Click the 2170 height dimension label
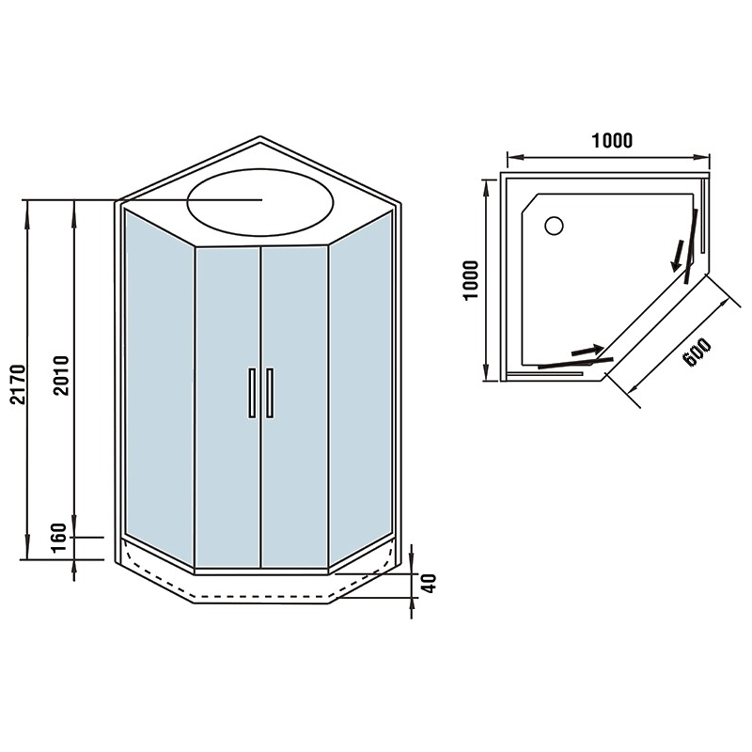coord(18,384)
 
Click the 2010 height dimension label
coord(62,375)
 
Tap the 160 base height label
coord(59,537)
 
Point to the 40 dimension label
coord(431,583)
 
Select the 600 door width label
coord(697,352)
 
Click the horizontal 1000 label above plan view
coord(612,140)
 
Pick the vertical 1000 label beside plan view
coord(472,280)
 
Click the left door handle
coord(252,393)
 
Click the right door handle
coord(270,393)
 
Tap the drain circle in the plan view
coord(554,226)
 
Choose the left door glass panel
coord(227,408)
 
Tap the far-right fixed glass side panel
coord(361,387)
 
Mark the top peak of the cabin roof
coord(260,136)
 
